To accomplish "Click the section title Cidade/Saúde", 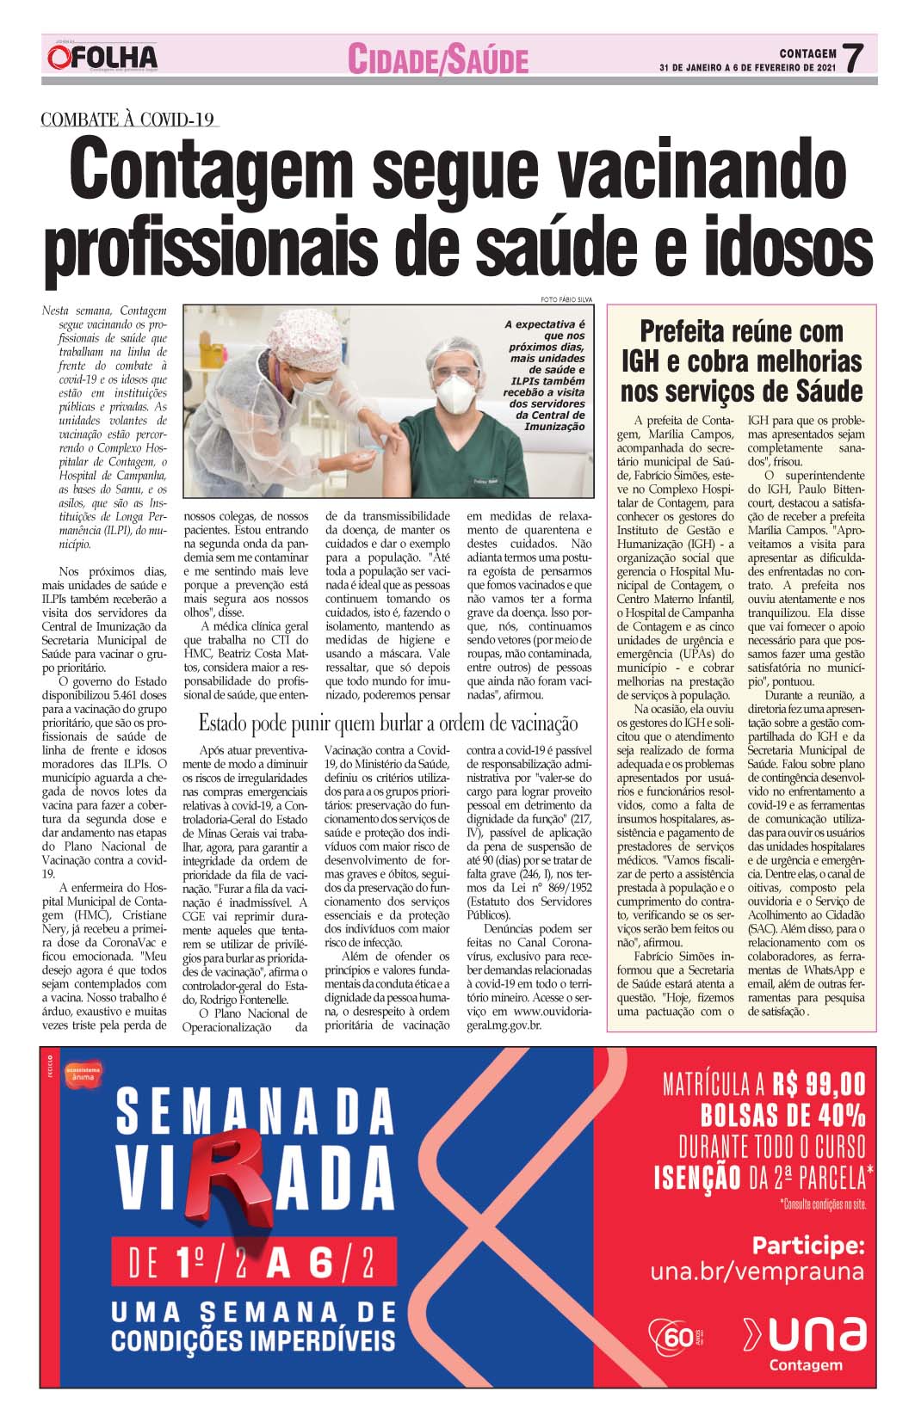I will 437,59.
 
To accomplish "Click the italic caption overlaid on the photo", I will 546,375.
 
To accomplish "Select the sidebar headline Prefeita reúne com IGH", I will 741,361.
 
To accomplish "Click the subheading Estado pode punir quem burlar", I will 388,723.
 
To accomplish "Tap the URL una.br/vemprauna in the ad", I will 757,1271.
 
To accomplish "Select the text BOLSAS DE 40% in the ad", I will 782,1116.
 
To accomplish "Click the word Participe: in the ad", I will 807,1245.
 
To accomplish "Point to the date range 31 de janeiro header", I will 747,67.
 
